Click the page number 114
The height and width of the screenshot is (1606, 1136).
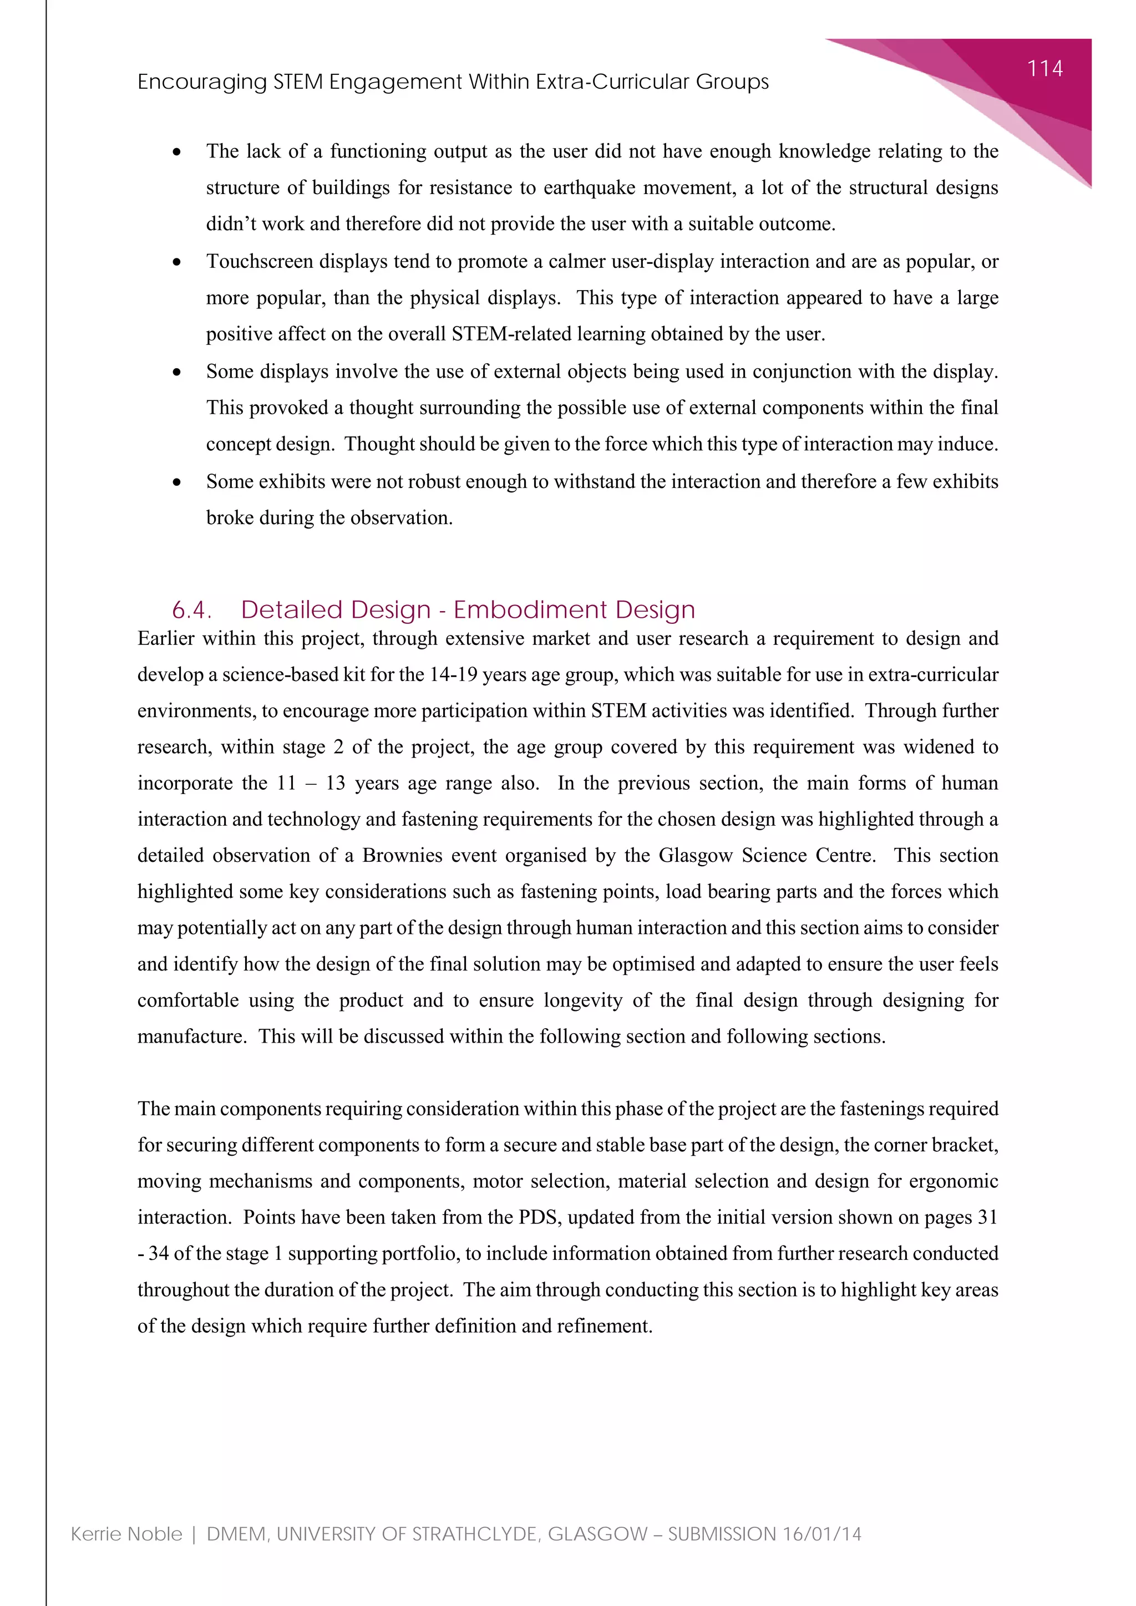(x=1044, y=69)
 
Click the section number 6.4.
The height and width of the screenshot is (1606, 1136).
(x=191, y=610)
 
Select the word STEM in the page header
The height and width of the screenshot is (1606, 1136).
(x=297, y=82)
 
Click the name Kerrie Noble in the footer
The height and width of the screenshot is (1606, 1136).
(x=126, y=1534)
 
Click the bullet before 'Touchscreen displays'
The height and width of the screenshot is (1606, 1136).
(x=177, y=262)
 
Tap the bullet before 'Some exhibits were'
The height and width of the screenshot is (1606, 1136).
(x=177, y=482)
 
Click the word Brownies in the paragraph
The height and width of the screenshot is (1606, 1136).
(x=394, y=856)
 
